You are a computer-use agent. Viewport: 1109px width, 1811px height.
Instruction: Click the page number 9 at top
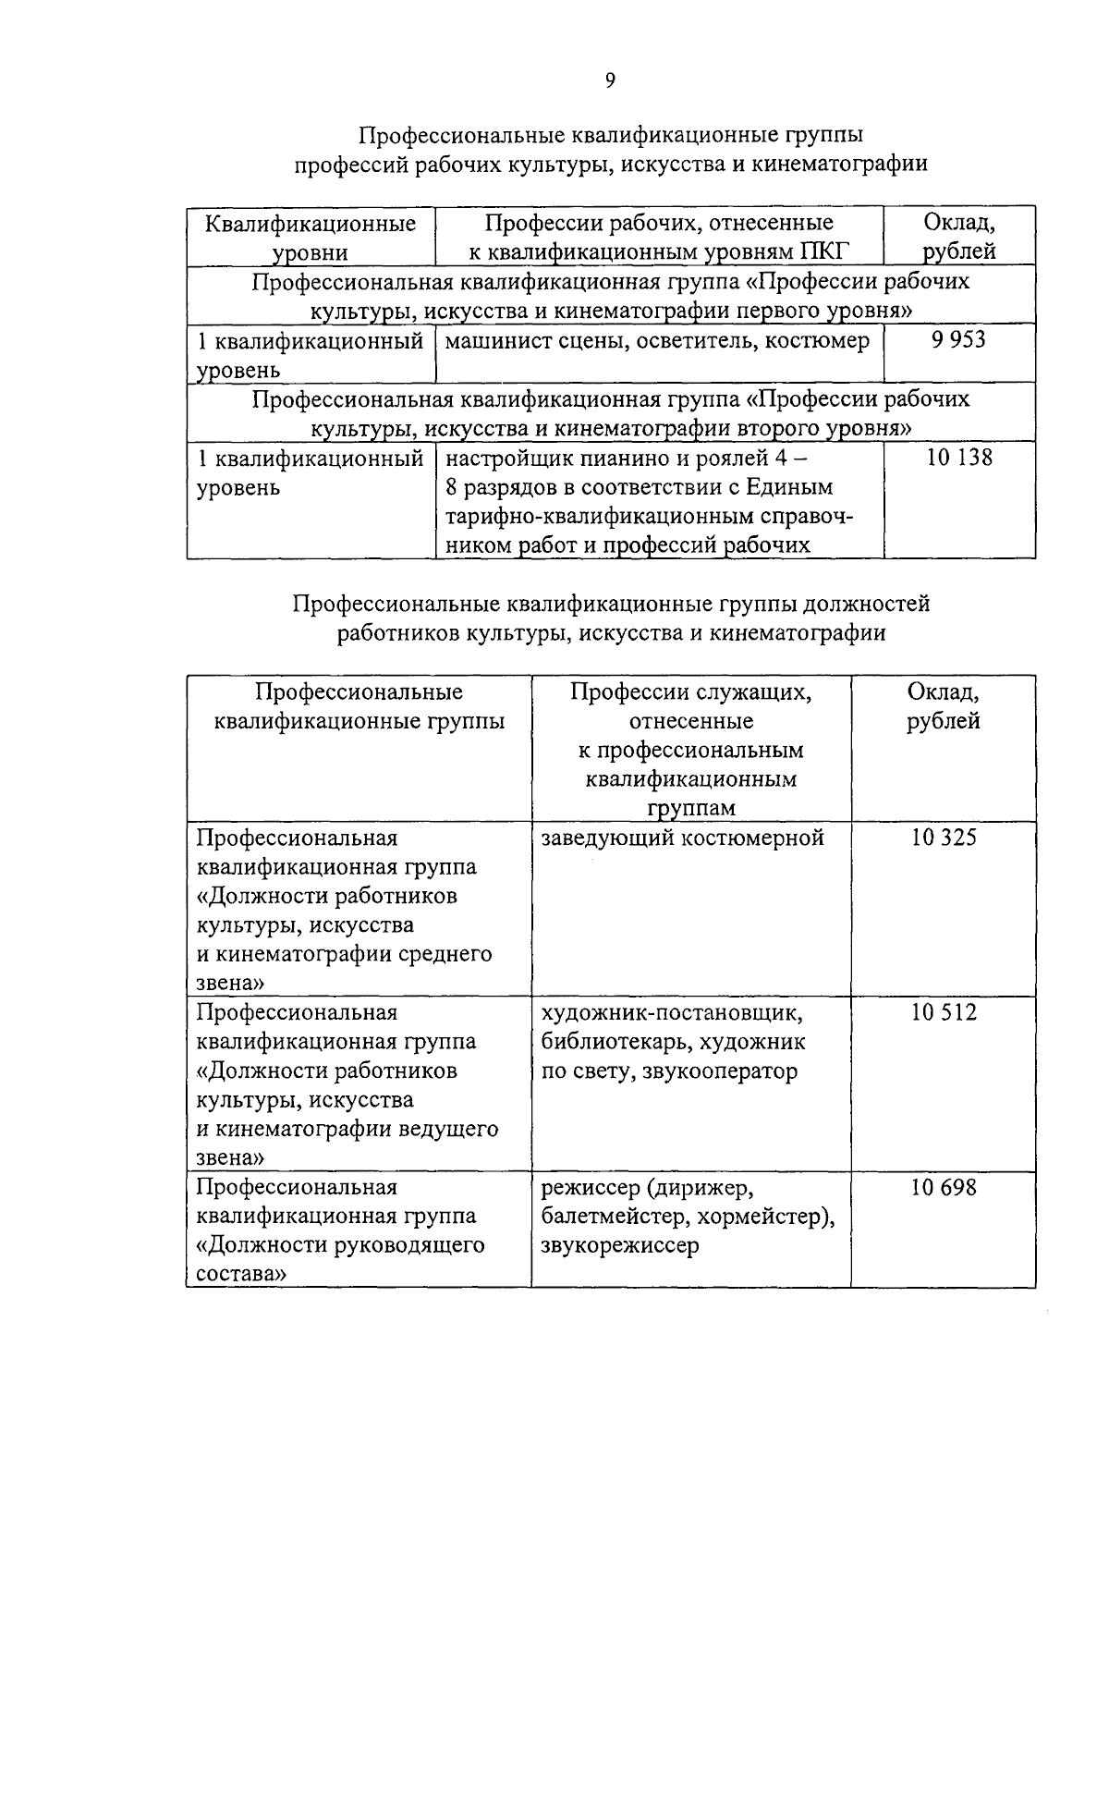coord(610,81)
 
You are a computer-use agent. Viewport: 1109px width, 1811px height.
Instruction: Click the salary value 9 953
coord(958,340)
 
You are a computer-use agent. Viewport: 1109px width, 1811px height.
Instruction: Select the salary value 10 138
coord(958,458)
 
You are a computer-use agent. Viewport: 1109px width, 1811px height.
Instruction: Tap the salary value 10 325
coord(943,838)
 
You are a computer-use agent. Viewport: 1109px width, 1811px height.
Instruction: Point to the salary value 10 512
coord(943,1013)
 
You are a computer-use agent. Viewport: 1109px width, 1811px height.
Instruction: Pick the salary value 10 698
coord(943,1188)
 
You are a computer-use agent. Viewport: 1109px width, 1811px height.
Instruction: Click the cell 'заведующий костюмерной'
coord(682,838)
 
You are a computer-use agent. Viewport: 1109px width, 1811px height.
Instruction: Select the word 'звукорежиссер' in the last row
coord(620,1245)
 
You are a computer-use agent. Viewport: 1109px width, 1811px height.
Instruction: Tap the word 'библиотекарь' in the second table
coord(611,1043)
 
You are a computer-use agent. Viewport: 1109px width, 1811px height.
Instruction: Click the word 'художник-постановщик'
coord(672,1013)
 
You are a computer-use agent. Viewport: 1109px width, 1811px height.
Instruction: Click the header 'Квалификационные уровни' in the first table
coord(311,238)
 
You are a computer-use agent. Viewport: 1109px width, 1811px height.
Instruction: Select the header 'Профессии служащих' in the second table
coord(690,692)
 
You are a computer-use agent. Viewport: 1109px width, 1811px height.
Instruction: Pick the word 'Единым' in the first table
coord(793,487)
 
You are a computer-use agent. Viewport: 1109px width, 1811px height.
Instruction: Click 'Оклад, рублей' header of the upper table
coord(959,237)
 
